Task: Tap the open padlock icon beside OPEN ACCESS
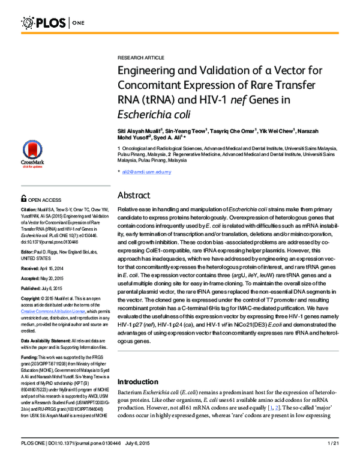click(x=23, y=198)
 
